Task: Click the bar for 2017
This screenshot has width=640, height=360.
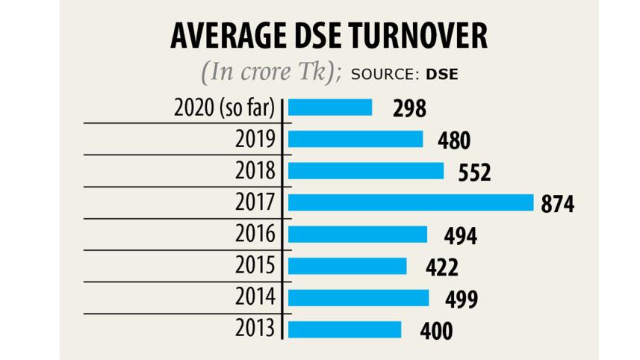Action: click(x=410, y=202)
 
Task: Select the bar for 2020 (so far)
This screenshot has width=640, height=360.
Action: click(x=329, y=108)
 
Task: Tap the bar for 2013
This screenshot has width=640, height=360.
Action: click(x=344, y=329)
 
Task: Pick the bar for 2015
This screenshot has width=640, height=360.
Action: click(x=347, y=266)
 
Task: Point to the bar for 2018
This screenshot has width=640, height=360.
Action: click(x=365, y=170)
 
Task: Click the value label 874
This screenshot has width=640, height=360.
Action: click(x=558, y=204)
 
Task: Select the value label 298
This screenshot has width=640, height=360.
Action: click(x=409, y=109)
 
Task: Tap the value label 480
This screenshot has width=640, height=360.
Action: click(x=455, y=140)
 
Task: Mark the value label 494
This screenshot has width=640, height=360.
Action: click(x=460, y=236)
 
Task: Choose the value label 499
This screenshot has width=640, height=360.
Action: click(x=462, y=300)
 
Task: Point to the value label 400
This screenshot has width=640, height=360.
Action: click(x=435, y=331)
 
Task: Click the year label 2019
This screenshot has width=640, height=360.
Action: click(x=255, y=139)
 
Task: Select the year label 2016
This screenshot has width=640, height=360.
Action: click(x=255, y=235)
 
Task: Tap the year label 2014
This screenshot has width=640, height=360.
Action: click(x=255, y=297)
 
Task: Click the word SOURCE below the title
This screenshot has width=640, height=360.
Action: click(x=385, y=74)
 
